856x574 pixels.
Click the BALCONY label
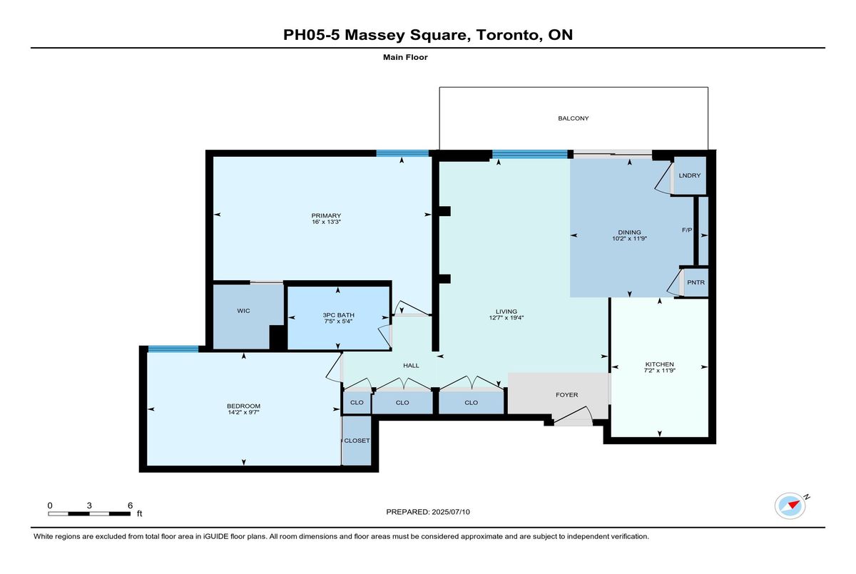574,118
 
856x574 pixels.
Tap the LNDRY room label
689,175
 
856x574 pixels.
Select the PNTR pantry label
695,282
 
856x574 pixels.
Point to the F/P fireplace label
687,230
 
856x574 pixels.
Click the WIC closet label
243,311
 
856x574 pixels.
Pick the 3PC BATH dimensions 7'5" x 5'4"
338,322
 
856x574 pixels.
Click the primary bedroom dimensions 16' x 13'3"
326,222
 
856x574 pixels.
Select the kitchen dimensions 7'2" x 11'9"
660,371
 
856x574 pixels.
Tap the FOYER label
566,395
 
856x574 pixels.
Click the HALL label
411,366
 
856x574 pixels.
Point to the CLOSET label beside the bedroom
357,441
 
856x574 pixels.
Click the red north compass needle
795,504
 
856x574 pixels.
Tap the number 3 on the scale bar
89,506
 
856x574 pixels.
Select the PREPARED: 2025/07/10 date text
428,512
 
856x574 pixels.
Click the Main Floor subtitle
405,57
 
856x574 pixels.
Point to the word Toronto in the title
507,35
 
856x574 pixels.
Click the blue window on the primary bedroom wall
402,153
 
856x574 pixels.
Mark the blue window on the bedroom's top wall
173,349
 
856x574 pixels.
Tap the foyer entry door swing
574,414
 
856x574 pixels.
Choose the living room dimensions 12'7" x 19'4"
506,318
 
